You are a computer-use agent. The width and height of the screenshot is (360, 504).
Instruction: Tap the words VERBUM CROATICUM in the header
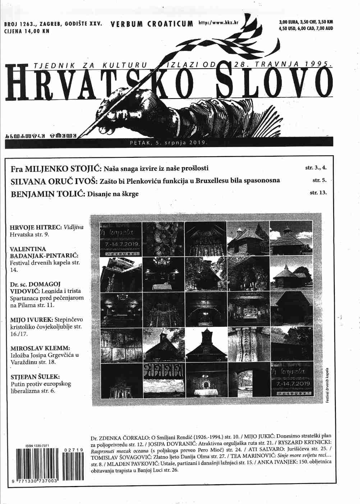coord(152,24)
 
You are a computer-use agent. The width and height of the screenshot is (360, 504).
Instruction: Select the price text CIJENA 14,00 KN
coord(27,31)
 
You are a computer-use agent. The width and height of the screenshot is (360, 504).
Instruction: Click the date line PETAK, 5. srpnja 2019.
coord(169,143)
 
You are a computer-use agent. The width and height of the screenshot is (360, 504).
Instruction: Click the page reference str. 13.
coord(318,193)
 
